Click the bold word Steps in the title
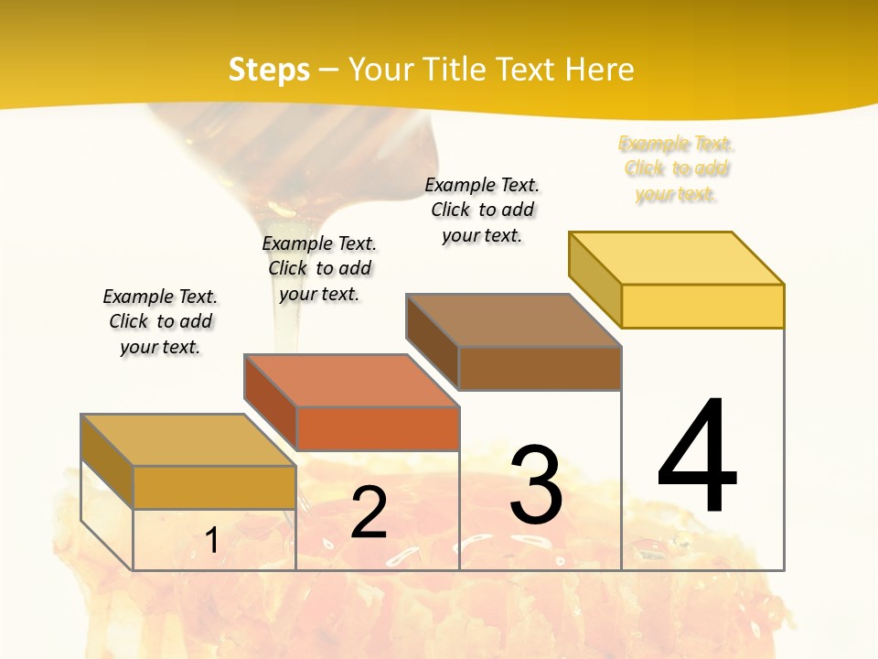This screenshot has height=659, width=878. click(269, 70)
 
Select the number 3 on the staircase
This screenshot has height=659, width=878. click(536, 485)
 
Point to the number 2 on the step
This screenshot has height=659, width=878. click(369, 513)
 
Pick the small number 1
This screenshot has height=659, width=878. click(212, 540)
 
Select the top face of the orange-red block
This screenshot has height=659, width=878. click(351, 380)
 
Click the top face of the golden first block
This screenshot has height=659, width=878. click(188, 440)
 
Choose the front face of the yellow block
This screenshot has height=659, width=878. click(702, 306)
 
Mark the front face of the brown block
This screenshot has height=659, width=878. click(540, 368)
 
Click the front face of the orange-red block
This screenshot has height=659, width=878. click(377, 428)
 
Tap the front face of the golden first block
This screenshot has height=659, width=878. click(214, 487)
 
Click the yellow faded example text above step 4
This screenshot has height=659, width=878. click(677, 169)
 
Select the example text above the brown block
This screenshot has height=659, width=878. click(483, 210)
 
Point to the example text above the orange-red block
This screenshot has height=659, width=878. click(319, 268)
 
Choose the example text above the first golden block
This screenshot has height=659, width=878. click(160, 321)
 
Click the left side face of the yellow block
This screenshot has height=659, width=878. click(594, 279)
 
